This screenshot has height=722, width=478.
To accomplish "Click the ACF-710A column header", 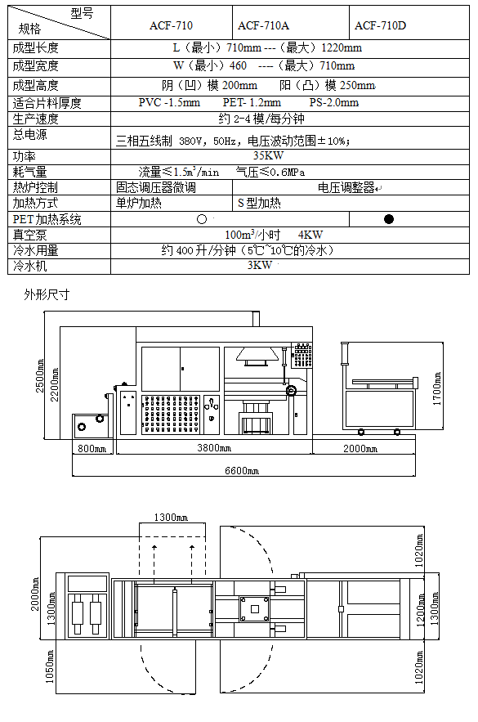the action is (263, 26).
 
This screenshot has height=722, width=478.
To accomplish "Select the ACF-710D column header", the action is (380, 26).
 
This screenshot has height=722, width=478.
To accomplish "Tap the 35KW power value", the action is (268, 155).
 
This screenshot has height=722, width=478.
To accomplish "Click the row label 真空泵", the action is (30, 235).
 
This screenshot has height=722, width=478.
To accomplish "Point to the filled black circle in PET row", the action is (389, 219).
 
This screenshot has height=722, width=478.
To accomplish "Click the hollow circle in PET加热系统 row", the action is (202, 219).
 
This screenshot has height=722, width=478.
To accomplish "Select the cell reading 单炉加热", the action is (138, 203).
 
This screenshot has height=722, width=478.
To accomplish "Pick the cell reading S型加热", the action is (259, 203).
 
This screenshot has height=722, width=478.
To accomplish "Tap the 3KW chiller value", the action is (260, 265).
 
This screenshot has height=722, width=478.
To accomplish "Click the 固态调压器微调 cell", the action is (156, 187).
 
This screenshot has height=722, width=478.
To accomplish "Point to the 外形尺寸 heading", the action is (47, 294).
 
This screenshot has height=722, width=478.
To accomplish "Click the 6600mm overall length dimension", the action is (242, 471).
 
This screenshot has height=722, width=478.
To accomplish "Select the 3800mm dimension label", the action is (214, 447).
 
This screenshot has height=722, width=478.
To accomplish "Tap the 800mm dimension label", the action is (92, 448).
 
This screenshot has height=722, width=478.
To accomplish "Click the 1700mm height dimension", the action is (436, 388).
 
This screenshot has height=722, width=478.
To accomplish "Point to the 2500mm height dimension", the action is (40, 376).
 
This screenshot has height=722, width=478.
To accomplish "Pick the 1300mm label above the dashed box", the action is (171, 518).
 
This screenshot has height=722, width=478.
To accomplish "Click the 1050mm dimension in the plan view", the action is (50, 666).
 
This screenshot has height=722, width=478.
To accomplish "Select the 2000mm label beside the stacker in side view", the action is (360, 448).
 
